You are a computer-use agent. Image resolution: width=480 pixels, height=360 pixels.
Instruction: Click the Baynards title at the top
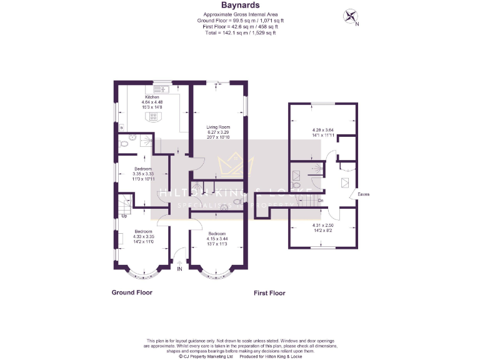[x=240, y=6]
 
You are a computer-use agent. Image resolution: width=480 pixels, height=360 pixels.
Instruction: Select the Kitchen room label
[x=152, y=97]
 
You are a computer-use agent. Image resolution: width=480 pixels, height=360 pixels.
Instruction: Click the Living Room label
[x=219, y=127]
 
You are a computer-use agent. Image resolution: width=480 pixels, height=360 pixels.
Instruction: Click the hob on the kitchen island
[x=153, y=116]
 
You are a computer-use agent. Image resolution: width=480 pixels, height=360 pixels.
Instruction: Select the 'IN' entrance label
[x=179, y=269]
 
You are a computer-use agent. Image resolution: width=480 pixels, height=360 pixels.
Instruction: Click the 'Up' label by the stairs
[x=124, y=216]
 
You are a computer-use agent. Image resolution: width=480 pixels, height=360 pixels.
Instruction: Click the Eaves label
[x=363, y=194]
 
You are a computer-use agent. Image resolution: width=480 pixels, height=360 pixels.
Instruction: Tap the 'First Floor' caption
[x=270, y=292]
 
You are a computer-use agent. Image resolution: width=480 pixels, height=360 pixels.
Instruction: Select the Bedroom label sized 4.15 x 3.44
[x=217, y=233]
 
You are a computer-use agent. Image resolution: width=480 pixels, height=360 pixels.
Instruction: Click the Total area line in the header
[x=240, y=32]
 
